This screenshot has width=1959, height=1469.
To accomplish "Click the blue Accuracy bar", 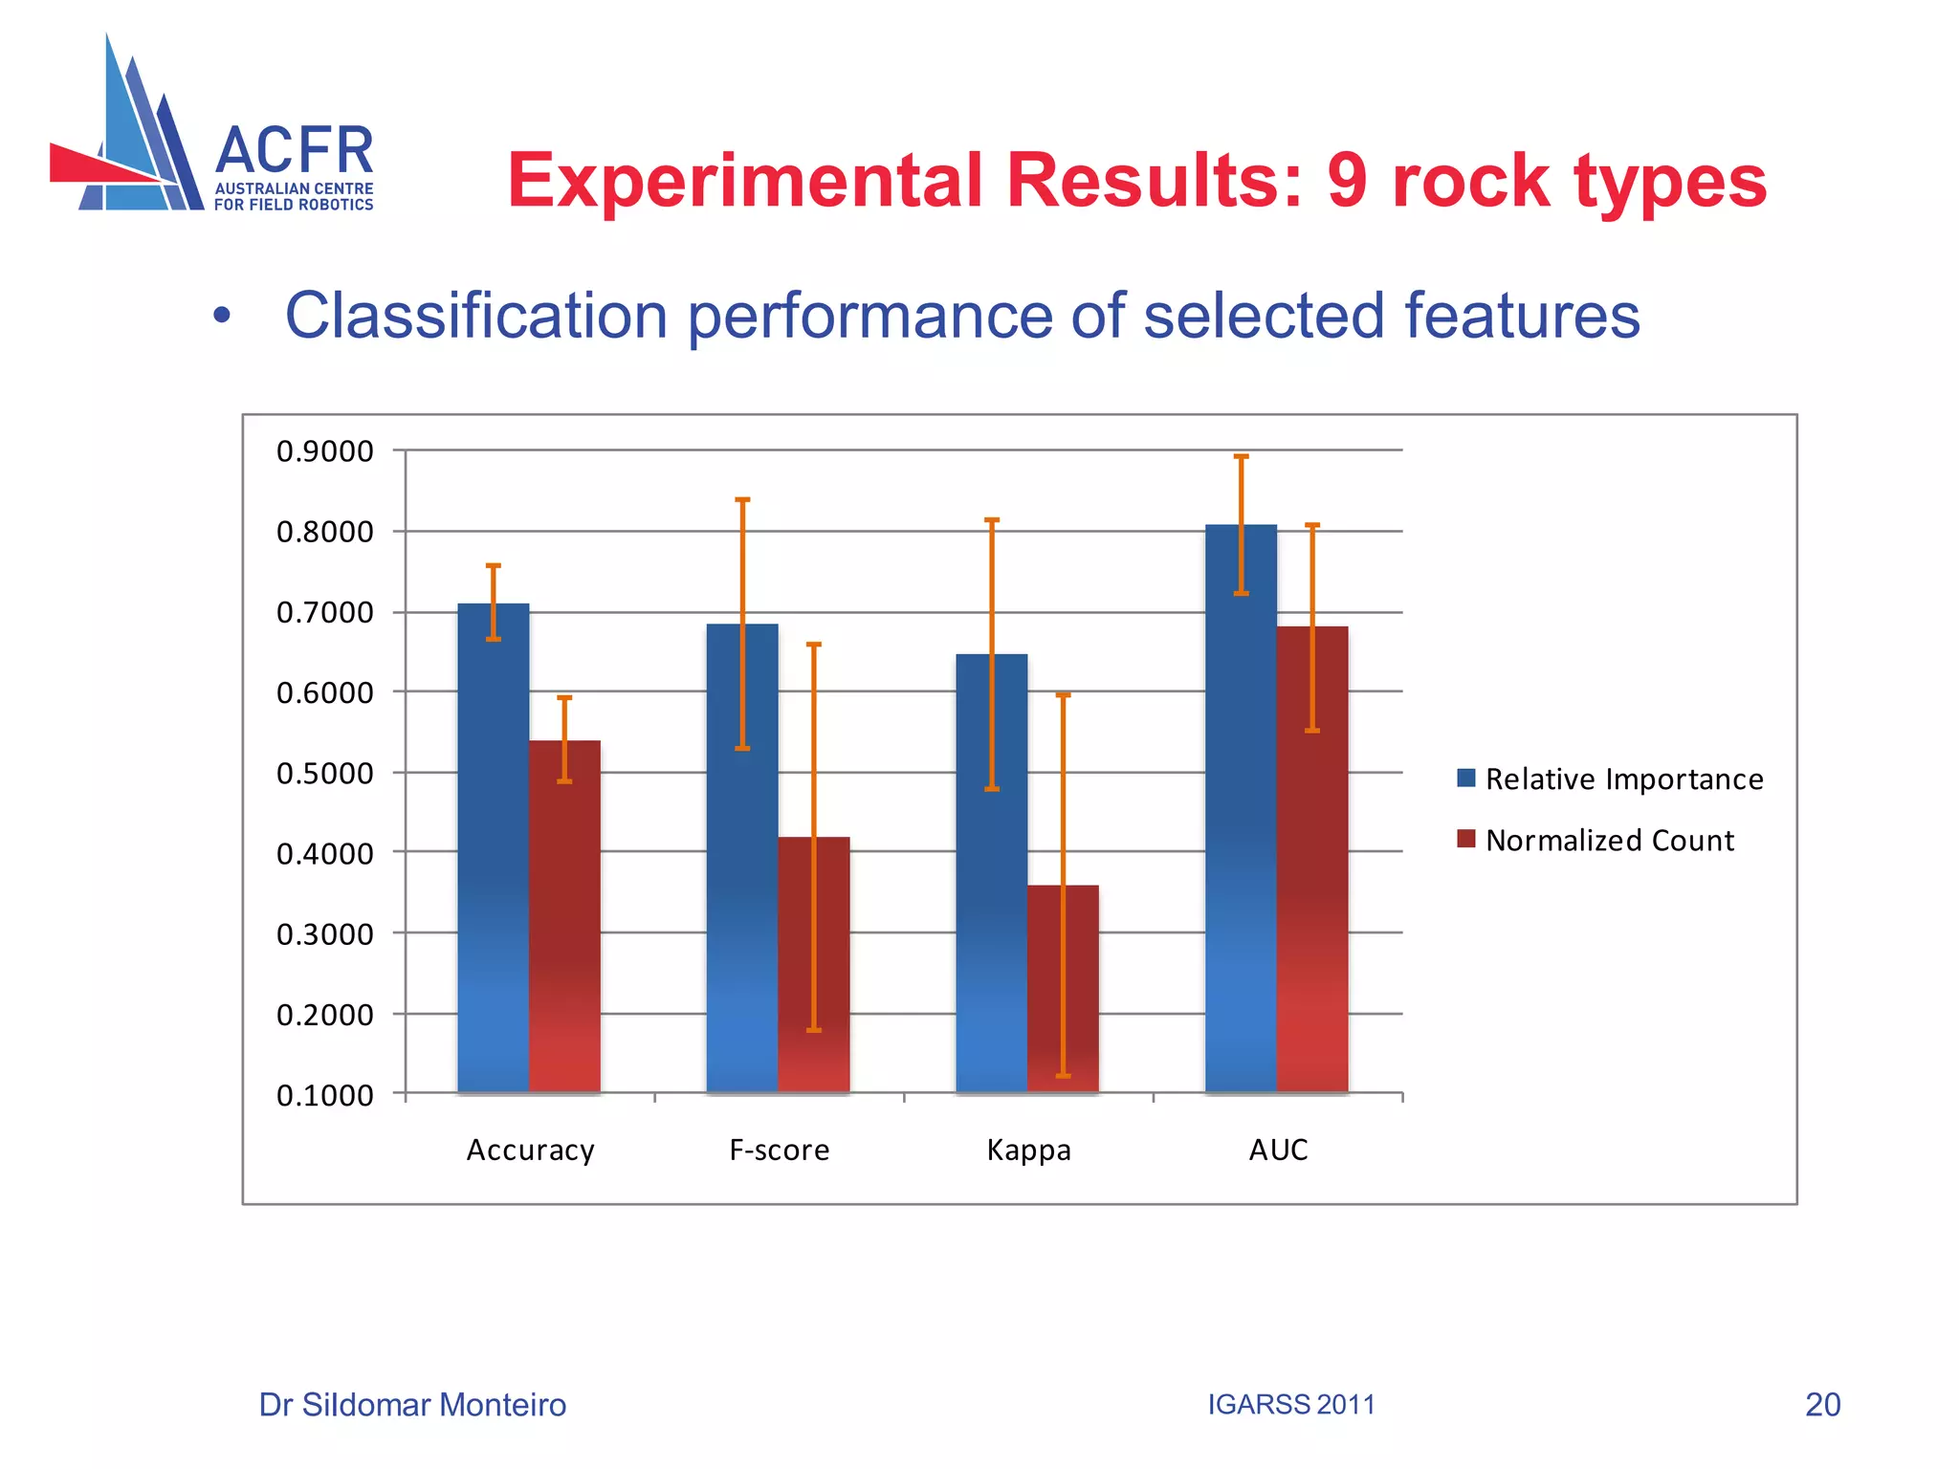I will pyautogui.click(x=493, y=861).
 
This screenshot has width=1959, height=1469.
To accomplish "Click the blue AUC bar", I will pyautogui.click(x=1241, y=822).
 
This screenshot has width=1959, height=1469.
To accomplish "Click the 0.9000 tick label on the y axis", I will pyautogui.click(x=324, y=451).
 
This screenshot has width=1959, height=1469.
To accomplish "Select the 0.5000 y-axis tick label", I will pyautogui.click(x=324, y=773).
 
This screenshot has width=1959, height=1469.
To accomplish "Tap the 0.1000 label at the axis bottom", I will pyautogui.click(x=324, y=1095).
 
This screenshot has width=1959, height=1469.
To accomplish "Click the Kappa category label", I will pyautogui.click(x=1028, y=1150).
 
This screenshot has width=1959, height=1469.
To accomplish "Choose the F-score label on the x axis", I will pyautogui.click(x=779, y=1150).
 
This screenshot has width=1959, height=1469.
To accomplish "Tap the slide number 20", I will pyautogui.click(x=1822, y=1404).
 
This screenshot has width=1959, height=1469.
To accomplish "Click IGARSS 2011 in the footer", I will pyautogui.click(x=1290, y=1404).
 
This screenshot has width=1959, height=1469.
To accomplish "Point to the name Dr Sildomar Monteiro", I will pyautogui.click(x=412, y=1404).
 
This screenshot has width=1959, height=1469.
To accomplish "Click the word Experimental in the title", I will pyautogui.click(x=745, y=182).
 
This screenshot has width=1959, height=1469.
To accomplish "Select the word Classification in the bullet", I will pyautogui.click(x=475, y=316).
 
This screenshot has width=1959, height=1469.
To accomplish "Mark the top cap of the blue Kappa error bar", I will pyautogui.click(x=992, y=520).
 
